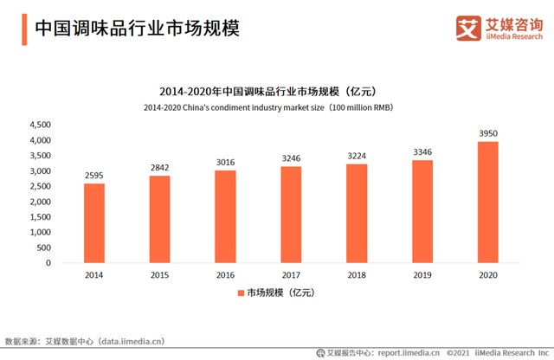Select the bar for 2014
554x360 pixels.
(94, 223)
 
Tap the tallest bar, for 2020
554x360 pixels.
(487, 202)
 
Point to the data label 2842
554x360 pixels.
(160, 166)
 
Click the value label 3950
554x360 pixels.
(487, 133)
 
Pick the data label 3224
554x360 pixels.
(357, 157)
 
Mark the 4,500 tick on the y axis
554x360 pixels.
(40, 125)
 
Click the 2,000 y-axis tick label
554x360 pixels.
(40, 202)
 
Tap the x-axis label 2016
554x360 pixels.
(226, 274)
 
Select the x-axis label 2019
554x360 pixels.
(422, 274)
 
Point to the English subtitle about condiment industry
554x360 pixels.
(277, 107)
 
